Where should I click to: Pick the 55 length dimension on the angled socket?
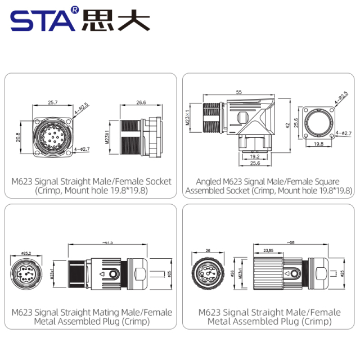238,92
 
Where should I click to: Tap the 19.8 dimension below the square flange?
318,144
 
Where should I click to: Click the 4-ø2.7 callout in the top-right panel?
343,133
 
